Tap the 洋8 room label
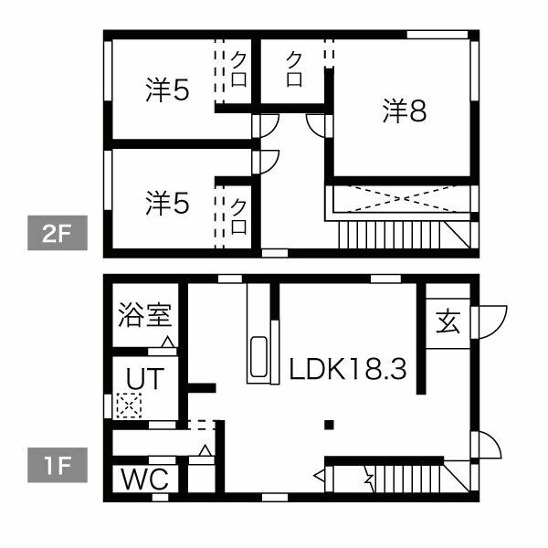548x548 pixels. tap(405, 112)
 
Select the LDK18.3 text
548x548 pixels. tap(347, 370)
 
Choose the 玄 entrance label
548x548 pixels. tap(447, 322)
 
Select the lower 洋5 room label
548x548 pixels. tap(166, 202)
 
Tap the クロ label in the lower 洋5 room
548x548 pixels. tap(238, 216)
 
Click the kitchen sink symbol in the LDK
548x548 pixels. tap(258, 360)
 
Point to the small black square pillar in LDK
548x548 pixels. tap(330, 424)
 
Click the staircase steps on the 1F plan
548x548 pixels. tap(420, 479)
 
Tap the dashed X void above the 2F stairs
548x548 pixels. tap(402, 198)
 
